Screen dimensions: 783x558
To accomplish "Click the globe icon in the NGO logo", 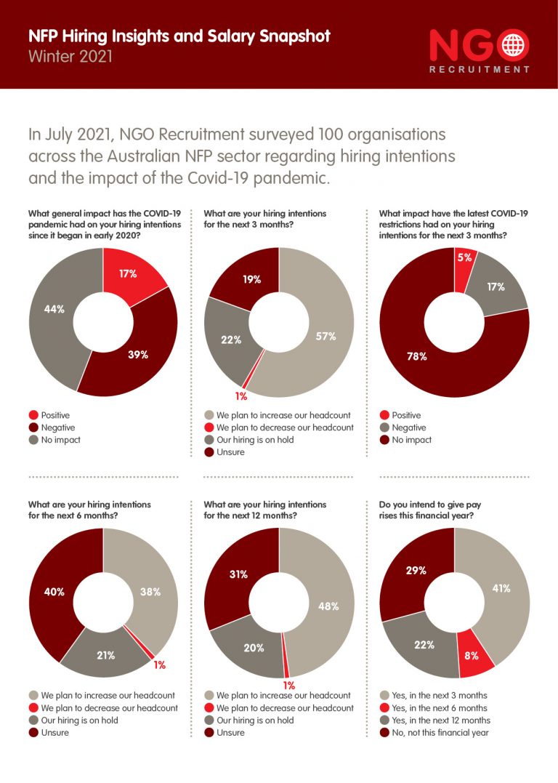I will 513,45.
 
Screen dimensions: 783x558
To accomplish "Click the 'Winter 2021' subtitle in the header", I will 70,56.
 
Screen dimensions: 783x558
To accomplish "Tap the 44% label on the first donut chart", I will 54,309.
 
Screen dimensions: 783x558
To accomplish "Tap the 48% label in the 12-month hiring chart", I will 328,606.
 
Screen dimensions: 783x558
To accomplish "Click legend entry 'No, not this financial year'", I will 434,732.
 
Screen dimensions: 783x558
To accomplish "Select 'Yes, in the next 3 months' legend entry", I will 434,695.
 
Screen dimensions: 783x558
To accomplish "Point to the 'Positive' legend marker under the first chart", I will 33,415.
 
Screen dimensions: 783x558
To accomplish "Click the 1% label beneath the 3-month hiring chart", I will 241,396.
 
